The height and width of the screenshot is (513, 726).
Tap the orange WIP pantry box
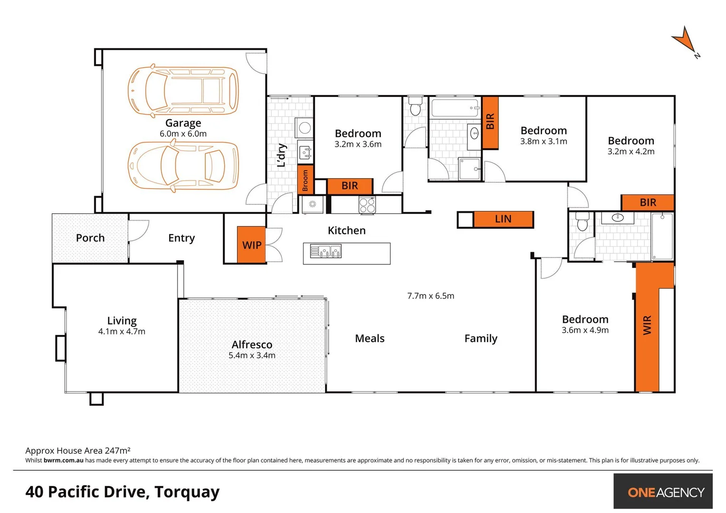click(251, 245)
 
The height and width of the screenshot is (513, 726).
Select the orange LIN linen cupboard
click(503, 219)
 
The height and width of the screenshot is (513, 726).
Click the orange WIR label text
click(647, 325)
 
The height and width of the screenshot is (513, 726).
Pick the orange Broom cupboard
click(305, 180)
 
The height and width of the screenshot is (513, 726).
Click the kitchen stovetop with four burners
click(367, 205)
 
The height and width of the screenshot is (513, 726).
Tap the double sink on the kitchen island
click(326, 251)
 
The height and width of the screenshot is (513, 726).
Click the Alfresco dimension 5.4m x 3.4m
click(252, 355)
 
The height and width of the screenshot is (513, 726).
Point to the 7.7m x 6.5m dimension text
click(430, 296)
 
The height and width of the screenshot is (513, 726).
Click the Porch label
click(90, 238)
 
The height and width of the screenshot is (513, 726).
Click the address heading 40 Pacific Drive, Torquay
click(123, 492)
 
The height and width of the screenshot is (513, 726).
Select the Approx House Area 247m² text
click(78, 450)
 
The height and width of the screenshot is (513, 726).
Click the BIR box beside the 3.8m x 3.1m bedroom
click(490, 122)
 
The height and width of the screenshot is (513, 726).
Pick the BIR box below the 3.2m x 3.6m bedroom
click(350, 186)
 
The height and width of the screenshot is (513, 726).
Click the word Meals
click(370, 339)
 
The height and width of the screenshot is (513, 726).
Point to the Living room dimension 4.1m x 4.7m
click(122, 332)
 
